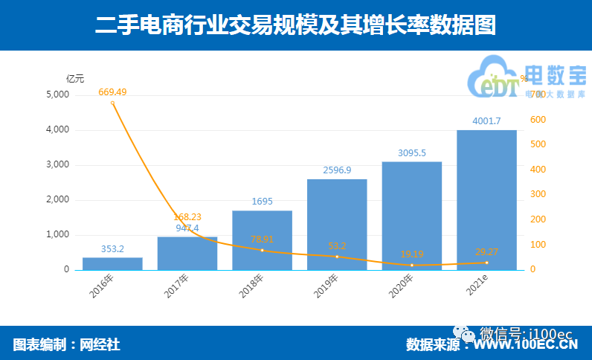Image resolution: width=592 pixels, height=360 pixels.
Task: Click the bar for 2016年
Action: [112, 263]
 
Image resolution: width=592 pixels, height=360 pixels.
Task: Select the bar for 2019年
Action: [337, 224]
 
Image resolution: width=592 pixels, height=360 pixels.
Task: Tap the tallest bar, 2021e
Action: [486, 199]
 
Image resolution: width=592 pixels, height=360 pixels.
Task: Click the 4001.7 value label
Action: [486, 121]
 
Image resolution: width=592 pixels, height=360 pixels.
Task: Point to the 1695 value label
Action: [262, 202]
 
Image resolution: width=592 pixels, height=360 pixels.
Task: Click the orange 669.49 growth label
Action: [112, 91]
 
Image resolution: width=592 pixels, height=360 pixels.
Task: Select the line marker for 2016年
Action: [112, 103]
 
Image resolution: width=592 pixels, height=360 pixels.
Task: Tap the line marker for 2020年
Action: [411, 265]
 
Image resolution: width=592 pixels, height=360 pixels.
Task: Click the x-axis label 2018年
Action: [252, 286]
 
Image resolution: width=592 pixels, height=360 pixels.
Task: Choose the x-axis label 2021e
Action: [476, 286]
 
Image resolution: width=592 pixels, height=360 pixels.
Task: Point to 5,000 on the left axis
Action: [57, 95]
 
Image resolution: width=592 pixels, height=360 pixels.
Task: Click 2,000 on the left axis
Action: [57, 200]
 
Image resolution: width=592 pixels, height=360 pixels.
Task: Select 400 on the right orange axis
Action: [537, 170]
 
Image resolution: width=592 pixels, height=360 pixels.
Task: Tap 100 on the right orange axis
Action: [537, 245]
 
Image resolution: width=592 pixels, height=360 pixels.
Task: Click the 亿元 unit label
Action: [75, 79]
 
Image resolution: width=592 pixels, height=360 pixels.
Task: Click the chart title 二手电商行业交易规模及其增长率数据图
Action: [295, 25]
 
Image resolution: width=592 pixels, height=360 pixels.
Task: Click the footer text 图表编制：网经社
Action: [66, 344]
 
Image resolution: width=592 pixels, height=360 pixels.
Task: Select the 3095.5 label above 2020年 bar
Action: [411, 152]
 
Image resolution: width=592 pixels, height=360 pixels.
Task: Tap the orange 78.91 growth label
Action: [262, 240]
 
